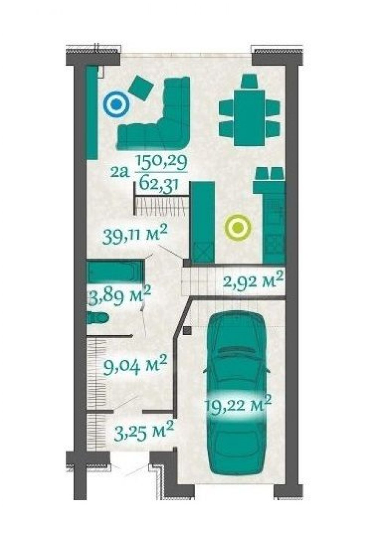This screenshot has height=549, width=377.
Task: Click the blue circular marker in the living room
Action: [116, 105]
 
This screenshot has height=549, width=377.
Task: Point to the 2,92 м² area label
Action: [253, 282]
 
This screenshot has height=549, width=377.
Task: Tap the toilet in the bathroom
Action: [98, 318]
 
